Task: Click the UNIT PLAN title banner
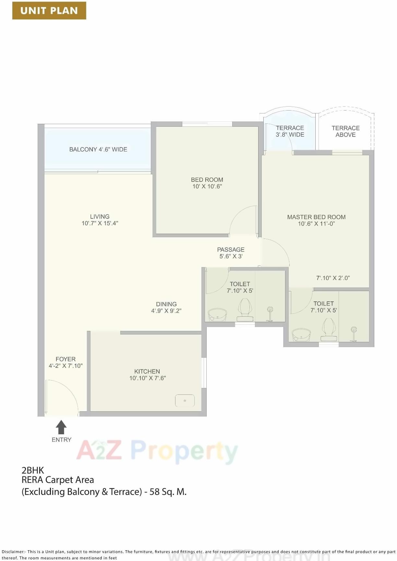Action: coord(49,10)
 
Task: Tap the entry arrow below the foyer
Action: coord(61,427)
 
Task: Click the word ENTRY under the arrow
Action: coord(61,440)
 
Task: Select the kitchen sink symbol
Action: coord(185,401)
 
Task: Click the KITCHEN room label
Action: coord(147,371)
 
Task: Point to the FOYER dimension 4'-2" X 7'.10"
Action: coord(66,366)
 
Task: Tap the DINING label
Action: coord(166,304)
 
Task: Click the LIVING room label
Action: coord(100,216)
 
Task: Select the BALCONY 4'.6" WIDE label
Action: coord(98,149)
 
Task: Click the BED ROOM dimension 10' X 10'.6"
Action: coord(207,186)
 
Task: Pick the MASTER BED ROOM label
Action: coord(316,217)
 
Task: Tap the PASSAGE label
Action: coord(231,250)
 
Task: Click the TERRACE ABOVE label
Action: coord(345,131)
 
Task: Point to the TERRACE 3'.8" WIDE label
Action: coord(290,131)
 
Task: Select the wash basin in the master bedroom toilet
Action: coord(301,335)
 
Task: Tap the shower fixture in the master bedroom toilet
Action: coord(354,334)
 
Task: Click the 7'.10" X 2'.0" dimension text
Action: coord(333,278)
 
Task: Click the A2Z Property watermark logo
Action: coord(157,451)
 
